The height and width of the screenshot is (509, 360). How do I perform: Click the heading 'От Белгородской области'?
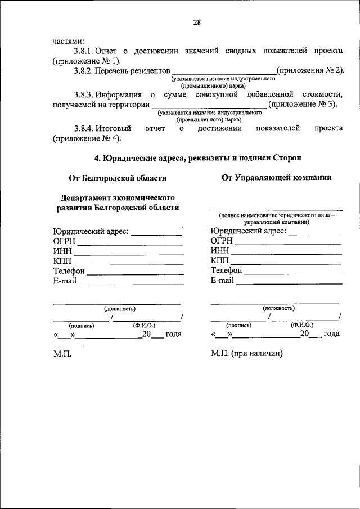point(118,178)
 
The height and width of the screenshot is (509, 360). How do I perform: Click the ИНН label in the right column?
point(220,251)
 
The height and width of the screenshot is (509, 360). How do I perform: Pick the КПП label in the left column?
point(63,260)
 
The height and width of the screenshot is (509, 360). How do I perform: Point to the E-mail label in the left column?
point(65,281)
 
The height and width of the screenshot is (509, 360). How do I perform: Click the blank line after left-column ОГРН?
point(130,244)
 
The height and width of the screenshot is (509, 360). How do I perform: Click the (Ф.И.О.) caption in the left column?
point(143,325)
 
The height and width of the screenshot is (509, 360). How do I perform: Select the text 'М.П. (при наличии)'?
point(247,354)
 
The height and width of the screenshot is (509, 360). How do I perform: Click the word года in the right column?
point(331,334)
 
